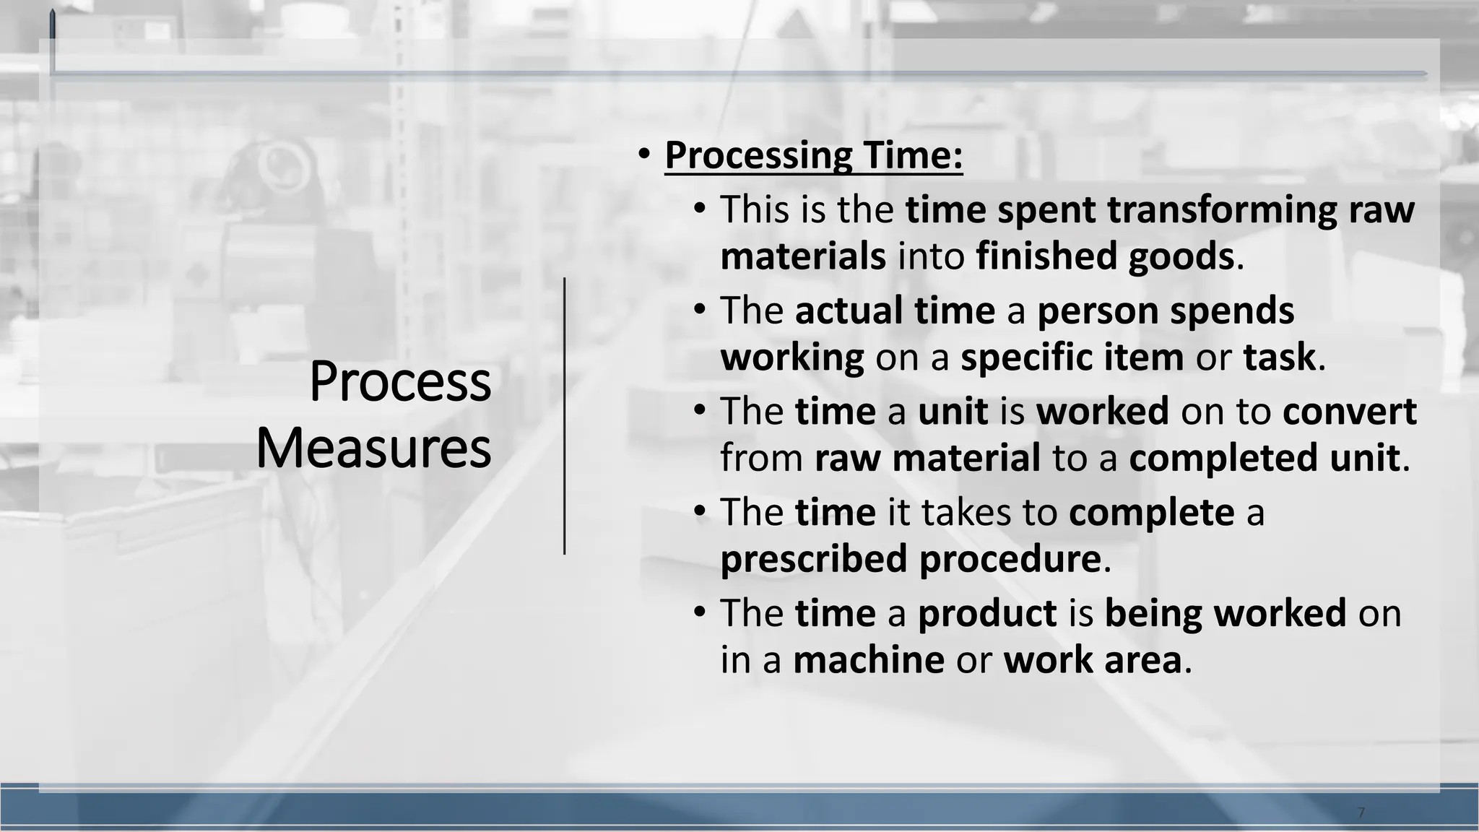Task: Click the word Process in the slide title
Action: click(x=400, y=381)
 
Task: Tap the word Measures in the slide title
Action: click(x=373, y=448)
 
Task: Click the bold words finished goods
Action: click(x=1105, y=256)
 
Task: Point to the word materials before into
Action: click(x=803, y=256)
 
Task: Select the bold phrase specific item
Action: click(x=1072, y=357)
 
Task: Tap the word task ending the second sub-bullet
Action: click(x=1279, y=357)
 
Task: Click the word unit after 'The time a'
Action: click(x=953, y=412)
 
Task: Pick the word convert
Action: click(x=1349, y=412)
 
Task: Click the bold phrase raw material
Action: click(x=927, y=459)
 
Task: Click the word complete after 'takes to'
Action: click(x=1151, y=513)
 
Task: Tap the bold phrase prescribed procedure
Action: click(x=911, y=559)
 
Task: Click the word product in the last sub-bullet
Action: click(x=987, y=614)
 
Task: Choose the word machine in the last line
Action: click(x=868, y=660)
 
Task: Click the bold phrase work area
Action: click(x=1092, y=660)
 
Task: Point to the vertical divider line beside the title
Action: click(x=565, y=416)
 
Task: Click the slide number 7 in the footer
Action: click(x=1361, y=813)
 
